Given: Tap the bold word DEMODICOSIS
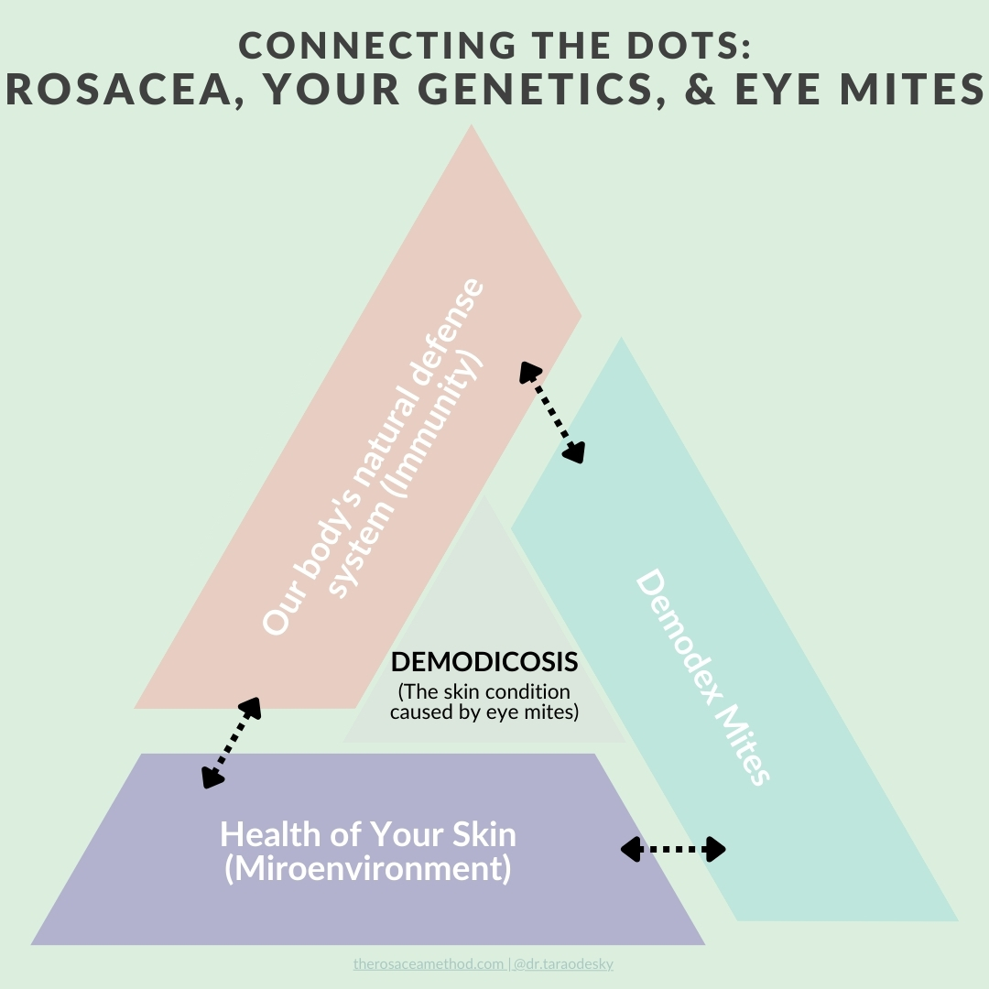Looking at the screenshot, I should (x=484, y=661).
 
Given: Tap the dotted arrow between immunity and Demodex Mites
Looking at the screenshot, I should (x=552, y=411).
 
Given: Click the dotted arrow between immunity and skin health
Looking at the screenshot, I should (x=232, y=742).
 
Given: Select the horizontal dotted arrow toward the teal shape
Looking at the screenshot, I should (x=673, y=850).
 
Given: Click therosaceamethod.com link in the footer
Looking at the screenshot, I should (x=428, y=963).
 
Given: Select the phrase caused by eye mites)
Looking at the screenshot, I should (x=484, y=712).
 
